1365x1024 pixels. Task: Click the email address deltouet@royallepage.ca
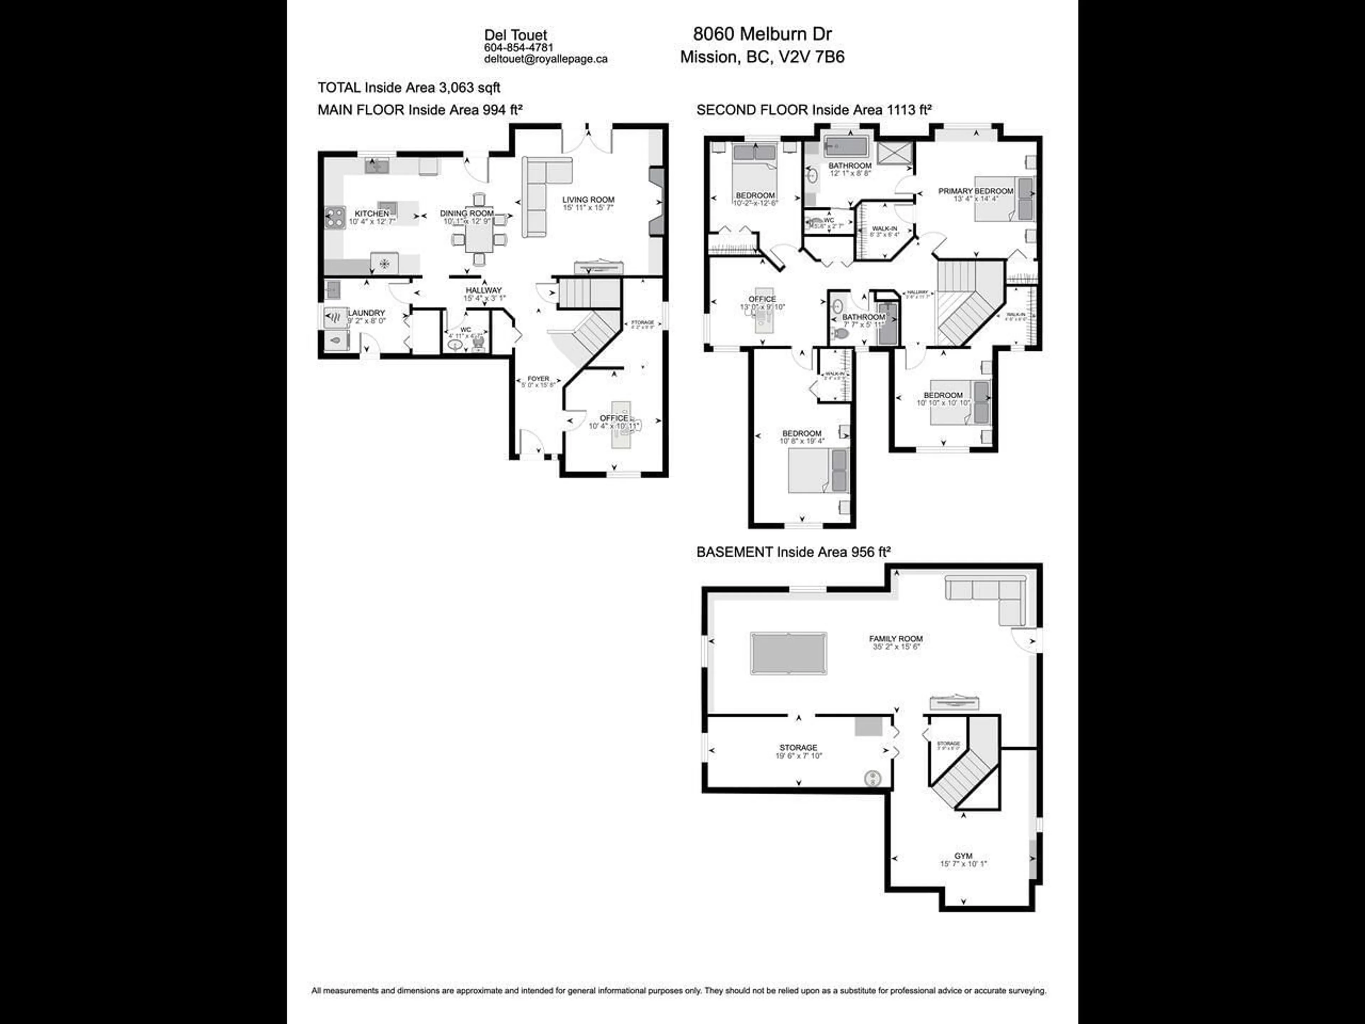(546, 59)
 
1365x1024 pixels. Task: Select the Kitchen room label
(371, 214)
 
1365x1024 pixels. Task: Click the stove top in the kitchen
(335, 217)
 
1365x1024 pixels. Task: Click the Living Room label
(588, 199)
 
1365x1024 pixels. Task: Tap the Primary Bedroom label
(976, 191)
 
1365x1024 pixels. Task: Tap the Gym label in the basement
(963, 856)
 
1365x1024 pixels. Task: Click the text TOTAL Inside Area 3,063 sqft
(408, 87)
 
